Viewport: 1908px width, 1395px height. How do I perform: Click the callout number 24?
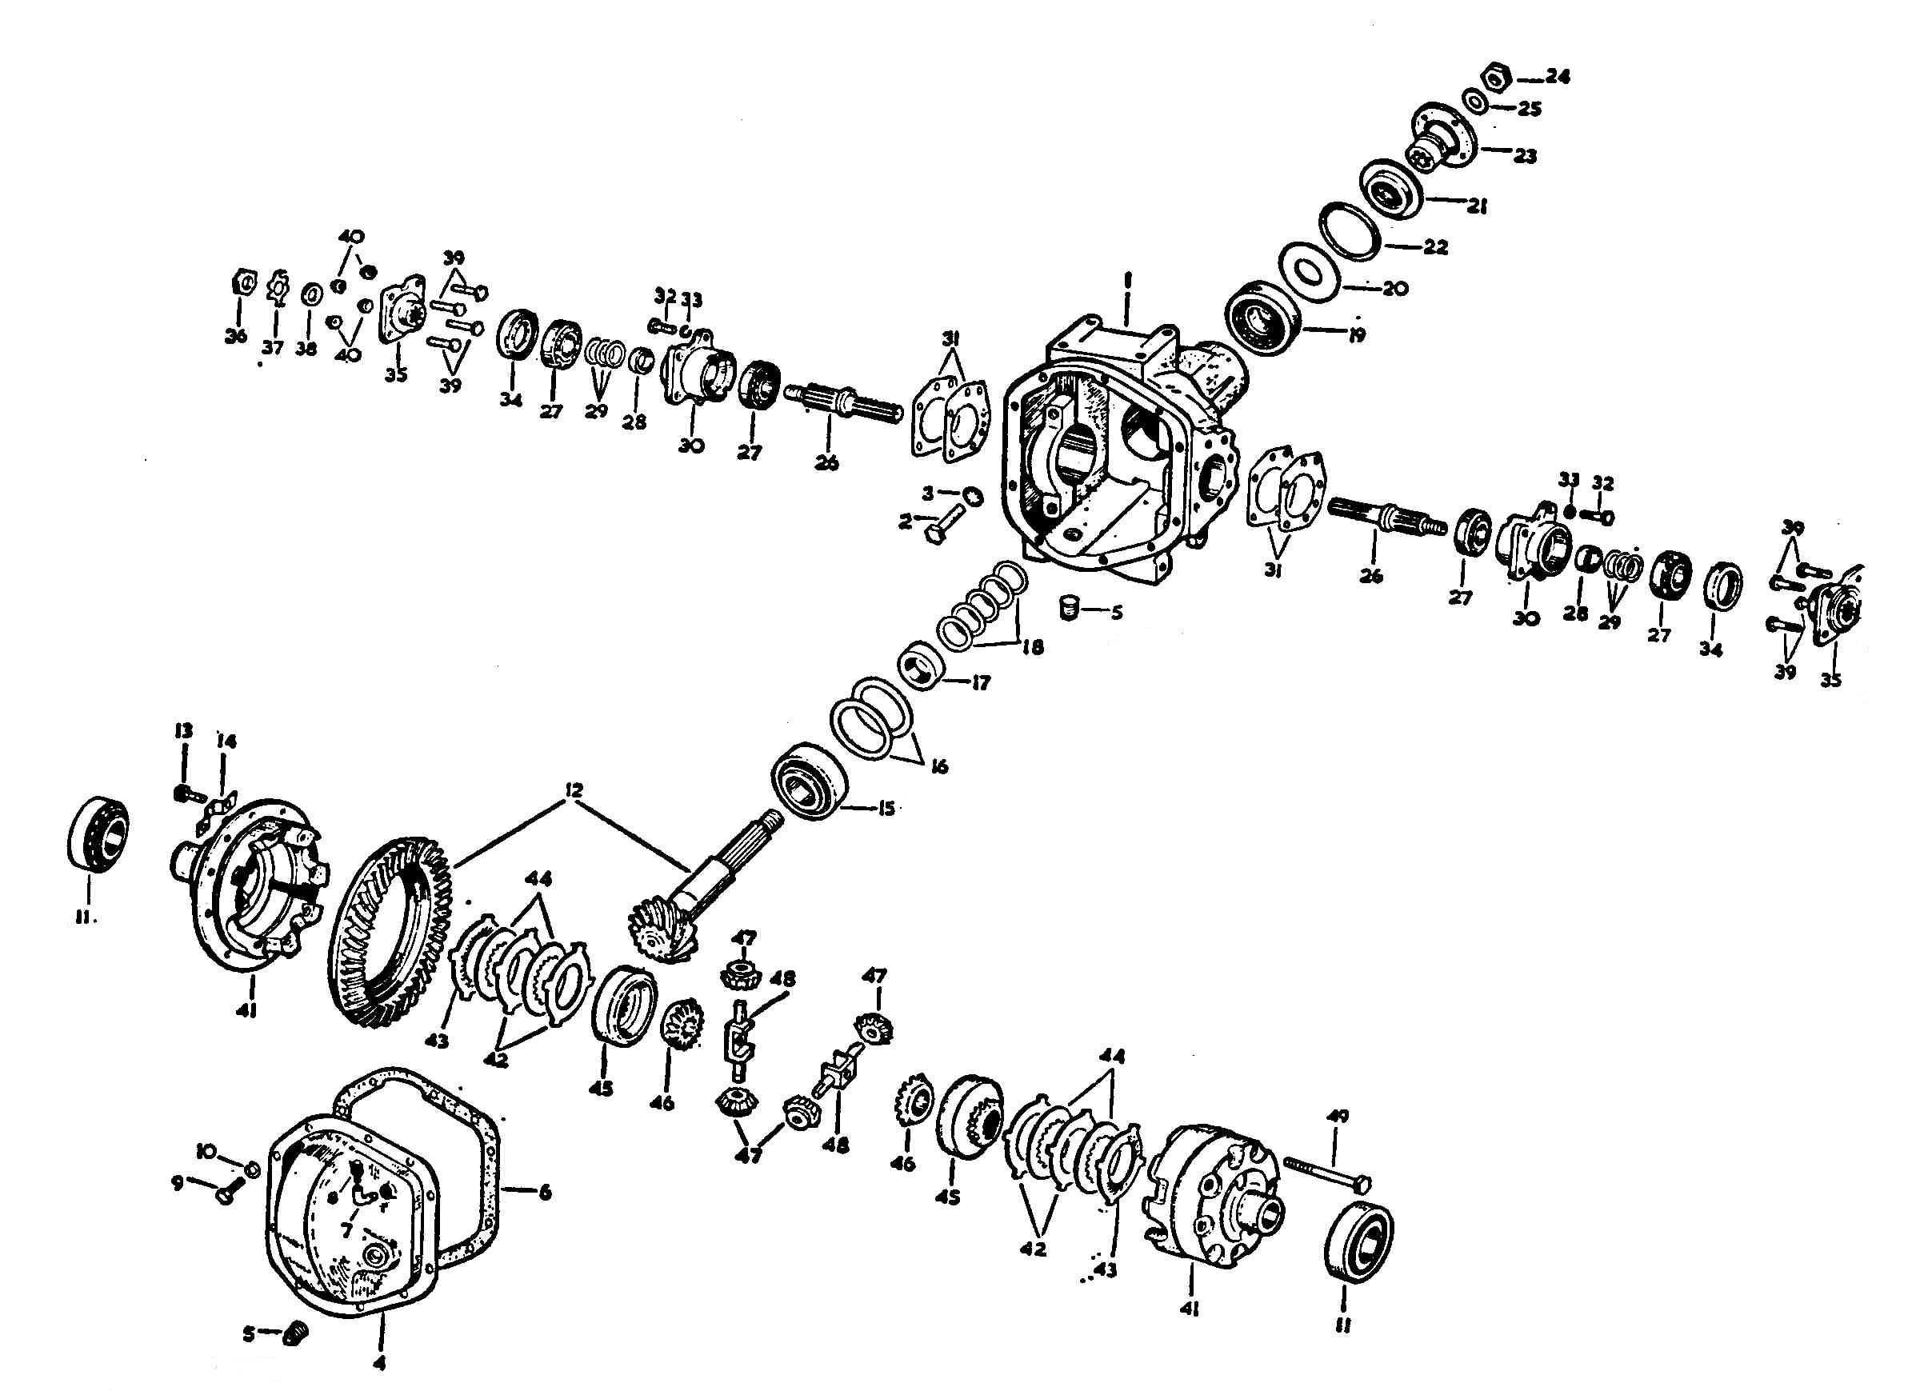point(1557,77)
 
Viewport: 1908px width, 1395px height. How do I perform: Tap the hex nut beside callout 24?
point(1496,78)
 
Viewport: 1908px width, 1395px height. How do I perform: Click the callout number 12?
point(574,790)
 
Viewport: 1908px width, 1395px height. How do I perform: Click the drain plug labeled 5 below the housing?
point(1070,608)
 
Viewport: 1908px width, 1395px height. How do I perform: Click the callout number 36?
point(236,336)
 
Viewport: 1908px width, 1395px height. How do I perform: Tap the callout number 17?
point(980,682)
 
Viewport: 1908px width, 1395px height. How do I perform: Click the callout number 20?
point(1394,288)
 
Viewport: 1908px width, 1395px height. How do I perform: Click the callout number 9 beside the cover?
point(178,1184)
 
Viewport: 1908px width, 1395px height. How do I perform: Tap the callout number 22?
point(1434,246)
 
